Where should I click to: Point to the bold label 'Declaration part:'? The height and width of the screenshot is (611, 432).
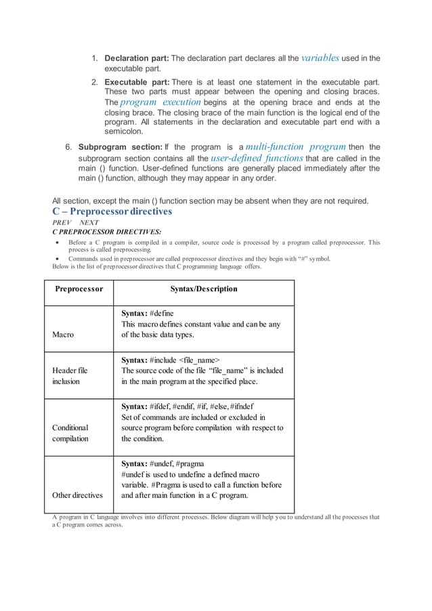click(x=136, y=58)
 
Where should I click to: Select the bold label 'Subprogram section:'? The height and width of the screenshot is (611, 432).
click(x=121, y=147)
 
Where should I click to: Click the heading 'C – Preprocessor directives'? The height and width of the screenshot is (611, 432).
click(x=112, y=211)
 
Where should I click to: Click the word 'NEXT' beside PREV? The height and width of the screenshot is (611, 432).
click(x=89, y=222)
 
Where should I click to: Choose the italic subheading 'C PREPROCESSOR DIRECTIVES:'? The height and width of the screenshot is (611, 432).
click(x=106, y=232)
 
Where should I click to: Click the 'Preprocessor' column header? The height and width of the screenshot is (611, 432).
click(x=79, y=289)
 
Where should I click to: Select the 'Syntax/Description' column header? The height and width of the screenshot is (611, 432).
click(x=203, y=289)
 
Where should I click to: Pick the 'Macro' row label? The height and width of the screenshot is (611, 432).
click(x=64, y=335)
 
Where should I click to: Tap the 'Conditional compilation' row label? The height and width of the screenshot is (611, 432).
click(x=71, y=433)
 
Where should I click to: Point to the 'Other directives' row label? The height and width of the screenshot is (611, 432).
click(x=77, y=495)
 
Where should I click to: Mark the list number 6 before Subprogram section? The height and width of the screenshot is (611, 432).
click(x=68, y=147)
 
